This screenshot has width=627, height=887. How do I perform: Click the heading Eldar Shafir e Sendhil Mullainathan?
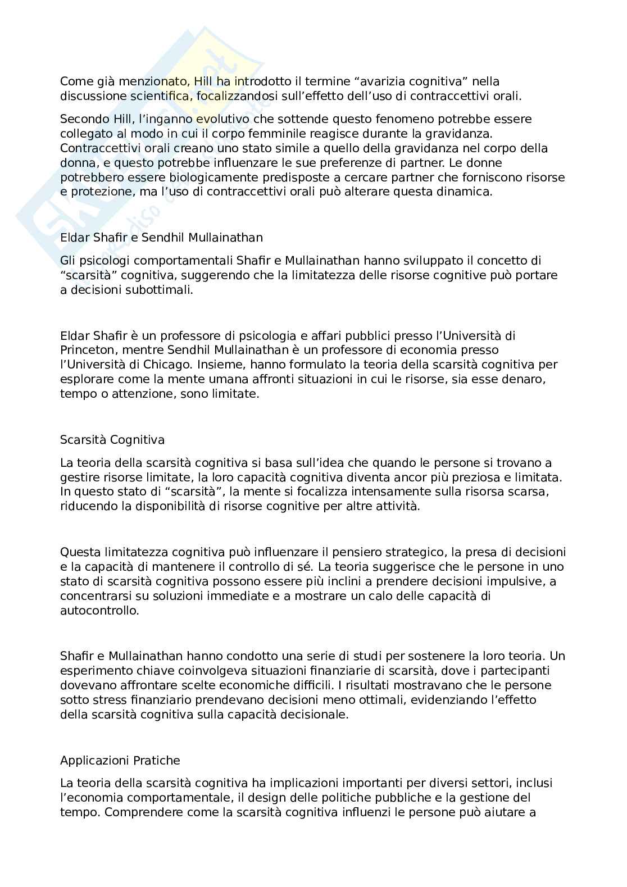[161, 238]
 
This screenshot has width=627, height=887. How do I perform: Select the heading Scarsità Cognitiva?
[112, 440]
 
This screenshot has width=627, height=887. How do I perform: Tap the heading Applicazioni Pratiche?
[120, 761]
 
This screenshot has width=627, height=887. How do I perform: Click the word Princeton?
[83, 350]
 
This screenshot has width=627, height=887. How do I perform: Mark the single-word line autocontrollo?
[99, 611]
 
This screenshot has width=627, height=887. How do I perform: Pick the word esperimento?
[94, 671]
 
